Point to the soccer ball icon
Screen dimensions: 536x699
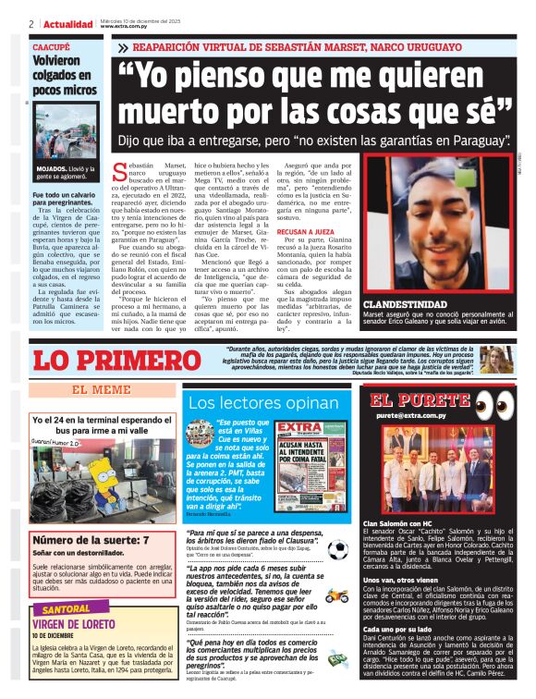click(x=336, y=549)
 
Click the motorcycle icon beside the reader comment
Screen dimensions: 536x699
click(x=335, y=594)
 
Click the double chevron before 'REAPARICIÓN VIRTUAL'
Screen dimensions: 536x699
click(x=123, y=47)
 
